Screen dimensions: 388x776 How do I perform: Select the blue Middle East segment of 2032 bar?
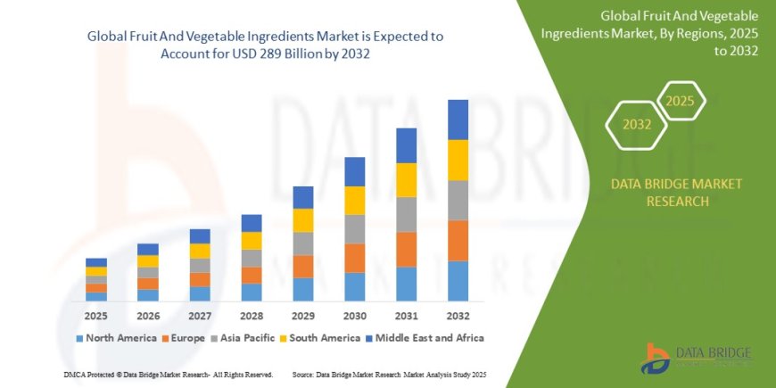[x=458, y=120]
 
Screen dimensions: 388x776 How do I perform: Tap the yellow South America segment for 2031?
[x=406, y=180]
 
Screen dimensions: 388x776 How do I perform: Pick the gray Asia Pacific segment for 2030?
[x=355, y=229]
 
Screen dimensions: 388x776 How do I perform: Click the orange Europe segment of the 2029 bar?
[x=303, y=267]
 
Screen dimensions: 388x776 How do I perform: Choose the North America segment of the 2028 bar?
[x=252, y=292]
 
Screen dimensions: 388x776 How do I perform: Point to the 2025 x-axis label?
[x=96, y=316]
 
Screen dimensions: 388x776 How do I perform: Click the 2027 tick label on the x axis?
[x=200, y=316]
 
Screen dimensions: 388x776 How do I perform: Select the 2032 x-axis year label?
[x=458, y=316]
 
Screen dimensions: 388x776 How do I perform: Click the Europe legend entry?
[x=184, y=338]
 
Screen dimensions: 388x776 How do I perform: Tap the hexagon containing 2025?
[x=680, y=101]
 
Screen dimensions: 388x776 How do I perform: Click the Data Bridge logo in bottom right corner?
[x=696, y=357]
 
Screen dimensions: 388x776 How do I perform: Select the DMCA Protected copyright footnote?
[x=169, y=375]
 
